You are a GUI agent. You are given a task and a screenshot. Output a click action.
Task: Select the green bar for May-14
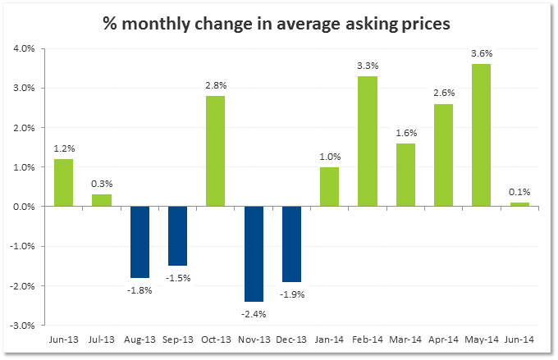[481, 134]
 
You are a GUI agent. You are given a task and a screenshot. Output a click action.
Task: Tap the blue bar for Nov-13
[253, 254]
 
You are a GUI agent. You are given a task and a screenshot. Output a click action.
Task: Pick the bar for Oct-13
[215, 151]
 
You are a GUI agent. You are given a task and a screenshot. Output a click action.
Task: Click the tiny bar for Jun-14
[519, 204]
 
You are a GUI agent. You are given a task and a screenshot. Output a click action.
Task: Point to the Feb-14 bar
[367, 141]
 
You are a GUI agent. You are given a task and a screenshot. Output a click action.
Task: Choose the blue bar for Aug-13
[139, 242]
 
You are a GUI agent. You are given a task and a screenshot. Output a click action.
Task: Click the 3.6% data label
[481, 54]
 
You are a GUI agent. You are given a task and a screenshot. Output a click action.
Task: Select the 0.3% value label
[101, 185]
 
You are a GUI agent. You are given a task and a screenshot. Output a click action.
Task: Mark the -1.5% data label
[177, 277]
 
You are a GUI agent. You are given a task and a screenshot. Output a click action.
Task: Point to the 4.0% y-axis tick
[23, 48]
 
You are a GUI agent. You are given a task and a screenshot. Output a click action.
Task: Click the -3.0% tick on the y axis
[22, 325]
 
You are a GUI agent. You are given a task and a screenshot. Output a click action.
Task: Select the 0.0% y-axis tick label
[23, 207]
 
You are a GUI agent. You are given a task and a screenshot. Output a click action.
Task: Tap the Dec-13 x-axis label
[290, 339]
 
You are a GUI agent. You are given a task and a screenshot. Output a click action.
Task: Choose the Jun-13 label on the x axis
[62, 339]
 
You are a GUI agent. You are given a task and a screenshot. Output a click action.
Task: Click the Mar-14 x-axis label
[405, 339]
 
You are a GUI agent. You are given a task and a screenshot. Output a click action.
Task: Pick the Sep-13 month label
[176, 339]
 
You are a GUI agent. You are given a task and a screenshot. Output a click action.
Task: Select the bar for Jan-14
[329, 187]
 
